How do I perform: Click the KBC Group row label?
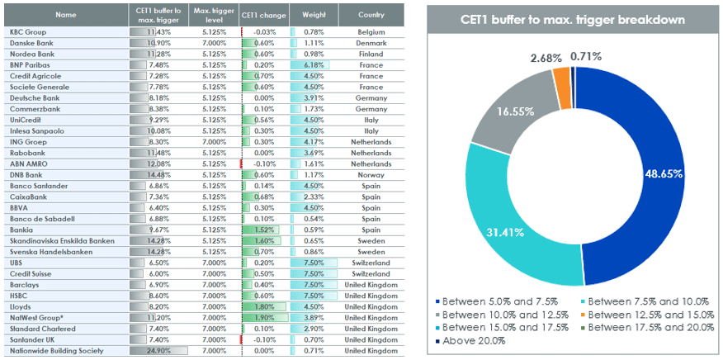pos(28,32)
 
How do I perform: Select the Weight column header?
pos(314,15)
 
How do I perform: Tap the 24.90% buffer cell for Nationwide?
pos(158,351)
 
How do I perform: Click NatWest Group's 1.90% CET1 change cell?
pos(265,318)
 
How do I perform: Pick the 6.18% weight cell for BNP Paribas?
pos(314,65)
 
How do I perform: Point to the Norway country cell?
pos(371,175)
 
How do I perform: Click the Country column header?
pos(371,15)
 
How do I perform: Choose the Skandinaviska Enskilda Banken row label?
pos(62,241)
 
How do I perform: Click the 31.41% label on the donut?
pos(505,232)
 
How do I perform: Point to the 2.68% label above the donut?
pos(546,58)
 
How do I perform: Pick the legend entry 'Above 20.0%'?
pos(470,341)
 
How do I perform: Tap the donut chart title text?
pos(572,20)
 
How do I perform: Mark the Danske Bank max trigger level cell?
pos(214,43)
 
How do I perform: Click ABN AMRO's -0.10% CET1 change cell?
pos(265,163)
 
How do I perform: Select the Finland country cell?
pos(371,54)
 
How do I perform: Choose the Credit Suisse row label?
pos(31,273)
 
